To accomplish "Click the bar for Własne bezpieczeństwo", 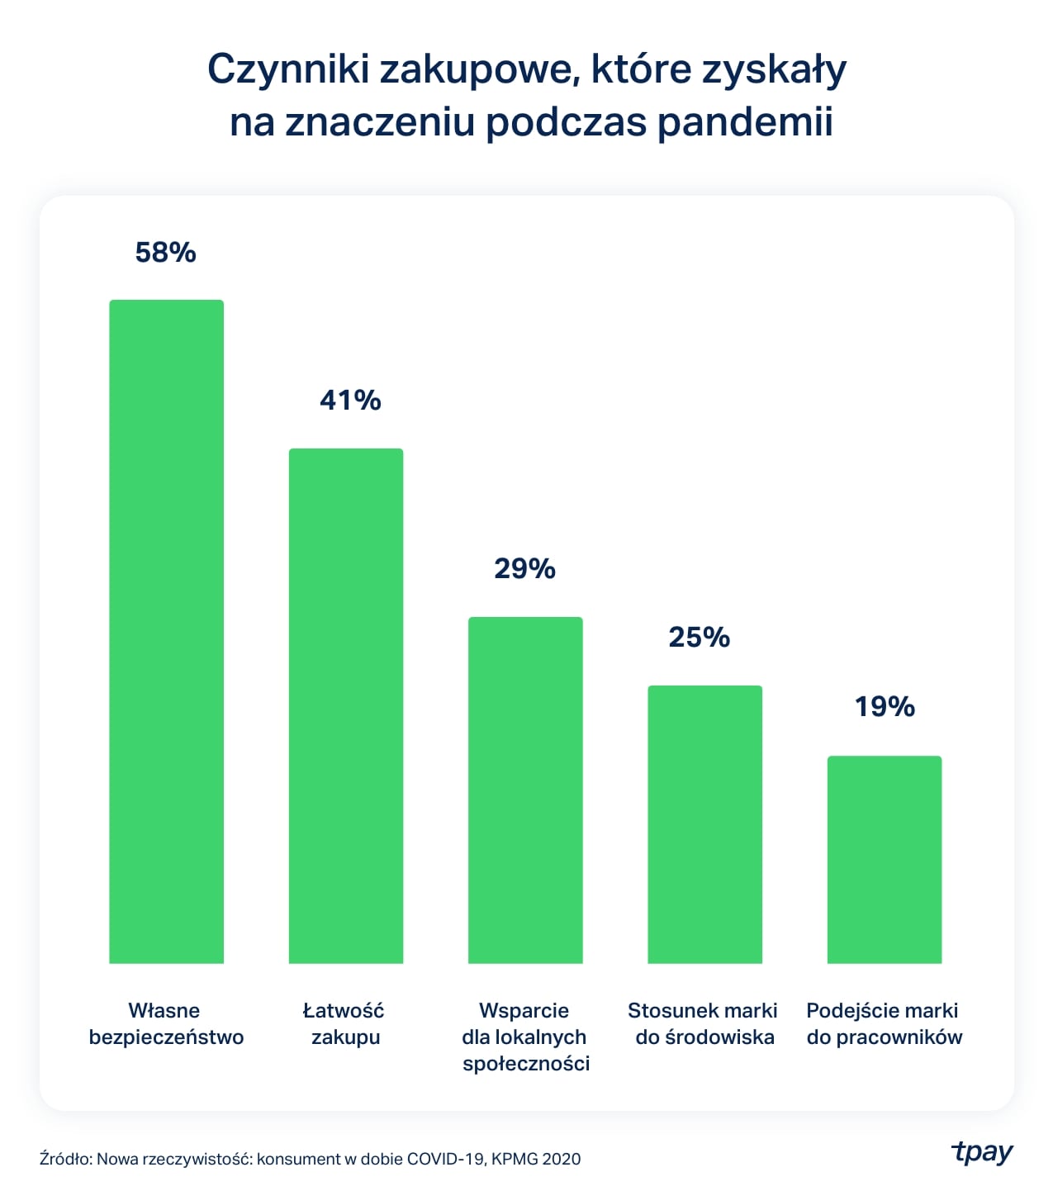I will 166,631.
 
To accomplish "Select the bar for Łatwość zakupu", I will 345,705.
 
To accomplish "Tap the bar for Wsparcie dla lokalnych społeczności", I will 525,790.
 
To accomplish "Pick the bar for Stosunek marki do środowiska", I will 704,824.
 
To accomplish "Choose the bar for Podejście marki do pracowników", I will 884,859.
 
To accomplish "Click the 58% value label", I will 166,253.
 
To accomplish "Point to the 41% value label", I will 350,401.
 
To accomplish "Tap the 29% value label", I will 525,569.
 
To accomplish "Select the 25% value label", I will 700,638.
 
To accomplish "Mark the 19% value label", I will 885,707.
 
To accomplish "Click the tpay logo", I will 982,1152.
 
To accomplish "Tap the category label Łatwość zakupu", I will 344,1023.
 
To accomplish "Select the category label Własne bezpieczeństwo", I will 166,1023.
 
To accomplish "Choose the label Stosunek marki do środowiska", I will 704,1023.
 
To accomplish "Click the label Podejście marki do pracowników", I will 884,1023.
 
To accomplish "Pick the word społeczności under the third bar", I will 526,1064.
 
